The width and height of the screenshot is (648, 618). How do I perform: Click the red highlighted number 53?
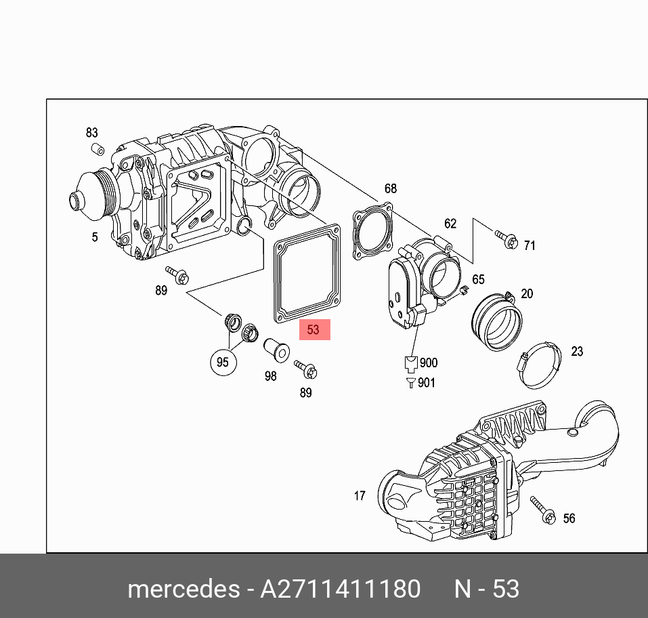(x=313, y=330)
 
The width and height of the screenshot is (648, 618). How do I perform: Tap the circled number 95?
(x=223, y=362)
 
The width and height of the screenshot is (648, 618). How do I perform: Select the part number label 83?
(x=92, y=133)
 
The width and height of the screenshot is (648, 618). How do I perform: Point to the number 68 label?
(x=391, y=189)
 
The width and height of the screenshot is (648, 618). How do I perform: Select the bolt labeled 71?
(x=506, y=239)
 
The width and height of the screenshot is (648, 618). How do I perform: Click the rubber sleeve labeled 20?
(x=497, y=322)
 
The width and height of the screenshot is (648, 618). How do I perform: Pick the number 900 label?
(x=428, y=363)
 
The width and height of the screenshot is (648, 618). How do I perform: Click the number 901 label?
(x=427, y=383)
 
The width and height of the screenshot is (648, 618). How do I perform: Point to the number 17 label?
(x=360, y=496)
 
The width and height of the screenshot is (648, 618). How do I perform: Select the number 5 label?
(x=95, y=236)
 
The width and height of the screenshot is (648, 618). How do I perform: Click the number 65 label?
(x=478, y=279)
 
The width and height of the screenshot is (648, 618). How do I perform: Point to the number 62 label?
(x=450, y=224)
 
